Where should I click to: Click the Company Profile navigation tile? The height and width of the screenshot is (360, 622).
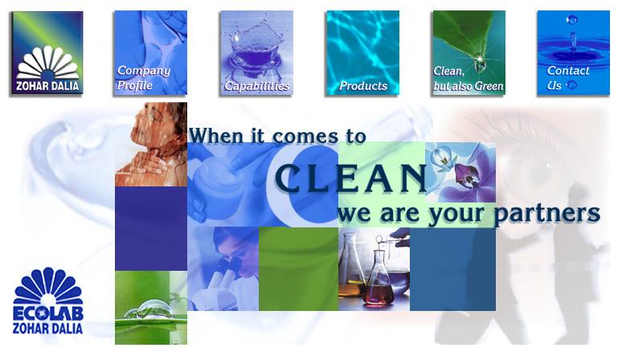tap(151, 53)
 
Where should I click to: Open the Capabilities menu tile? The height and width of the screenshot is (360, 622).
tap(256, 53)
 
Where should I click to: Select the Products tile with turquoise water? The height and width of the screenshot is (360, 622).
tap(363, 53)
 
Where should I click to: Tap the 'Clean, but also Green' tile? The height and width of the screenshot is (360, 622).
tap(469, 53)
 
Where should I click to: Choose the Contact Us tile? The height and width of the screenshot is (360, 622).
tap(573, 53)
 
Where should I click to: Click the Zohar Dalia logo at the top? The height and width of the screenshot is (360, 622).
tap(47, 53)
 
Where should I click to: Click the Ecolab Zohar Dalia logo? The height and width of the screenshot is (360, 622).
tap(47, 301)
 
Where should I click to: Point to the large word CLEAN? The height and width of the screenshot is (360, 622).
tap(351, 178)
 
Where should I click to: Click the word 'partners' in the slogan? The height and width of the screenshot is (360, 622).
tap(546, 214)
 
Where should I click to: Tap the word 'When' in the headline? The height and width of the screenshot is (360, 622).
tap(216, 136)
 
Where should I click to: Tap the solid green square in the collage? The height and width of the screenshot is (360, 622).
tap(299, 269)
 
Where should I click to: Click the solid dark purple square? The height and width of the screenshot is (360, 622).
tap(151, 229)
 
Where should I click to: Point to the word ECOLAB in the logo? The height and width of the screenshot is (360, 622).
tap(48, 313)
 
